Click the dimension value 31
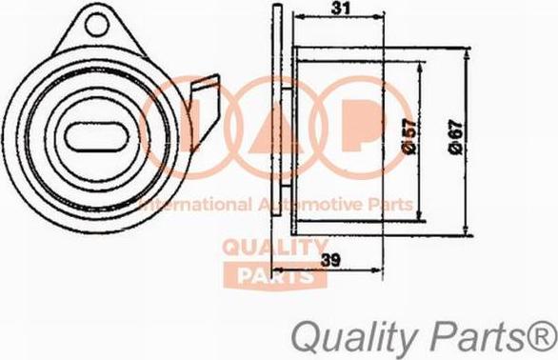[x=341, y=9]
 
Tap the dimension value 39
[x=330, y=260]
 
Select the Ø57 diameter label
[x=410, y=137]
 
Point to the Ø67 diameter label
[x=456, y=138]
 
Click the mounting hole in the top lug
[x=97, y=24]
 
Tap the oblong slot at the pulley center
[x=95, y=137]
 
